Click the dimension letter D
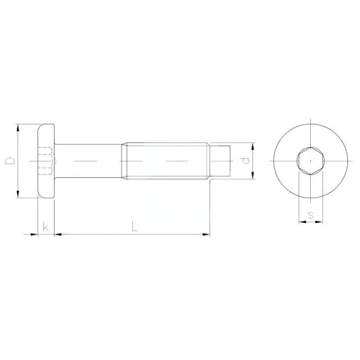coord(10,161)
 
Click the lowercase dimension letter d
coord(245,161)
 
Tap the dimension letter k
coord(46,227)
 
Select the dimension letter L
coord(134,227)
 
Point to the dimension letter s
coord(311,214)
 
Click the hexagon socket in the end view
coord(311,161)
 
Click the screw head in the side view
coord(46,161)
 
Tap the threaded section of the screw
coord(165,161)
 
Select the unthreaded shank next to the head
coord(88,161)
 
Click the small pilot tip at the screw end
coord(220,161)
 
